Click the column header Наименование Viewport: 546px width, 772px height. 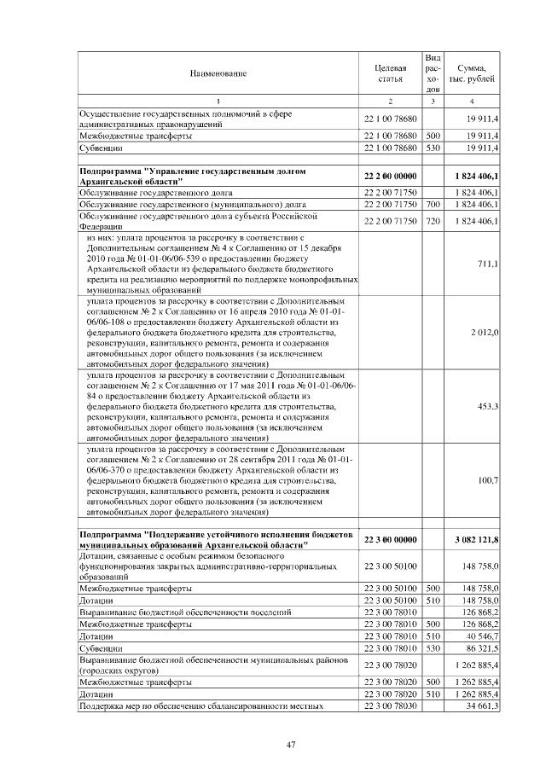[218, 73]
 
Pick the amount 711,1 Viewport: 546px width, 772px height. [488, 264]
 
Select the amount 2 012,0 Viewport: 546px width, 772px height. [484, 332]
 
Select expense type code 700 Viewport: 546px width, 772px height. [433, 206]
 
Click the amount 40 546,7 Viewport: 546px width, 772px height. [482, 636]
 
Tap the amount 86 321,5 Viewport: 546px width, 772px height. [482, 648]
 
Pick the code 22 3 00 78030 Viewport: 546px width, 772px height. [390, 707]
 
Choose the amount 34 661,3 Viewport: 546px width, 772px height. [482, 707]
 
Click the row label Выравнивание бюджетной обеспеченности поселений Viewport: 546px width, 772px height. [185, 612]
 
